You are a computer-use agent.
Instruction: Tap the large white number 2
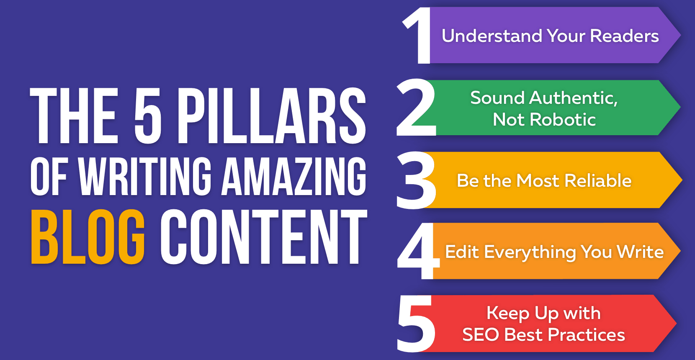point(416,107)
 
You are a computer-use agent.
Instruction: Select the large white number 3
point(416,180)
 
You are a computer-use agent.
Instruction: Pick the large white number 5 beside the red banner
point(416,324)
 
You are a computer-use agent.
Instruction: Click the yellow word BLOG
point(88,237)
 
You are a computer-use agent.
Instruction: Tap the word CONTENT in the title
point(264,237)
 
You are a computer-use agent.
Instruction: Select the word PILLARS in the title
point(272,116)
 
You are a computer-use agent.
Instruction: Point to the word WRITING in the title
point(145,176)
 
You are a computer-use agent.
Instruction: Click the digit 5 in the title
point(148,116)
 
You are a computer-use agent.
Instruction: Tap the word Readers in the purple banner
point(624,36)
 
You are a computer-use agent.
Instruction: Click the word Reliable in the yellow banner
point(598,180)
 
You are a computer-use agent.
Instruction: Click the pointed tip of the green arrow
point(680,107)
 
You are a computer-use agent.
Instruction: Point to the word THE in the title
point(74,116)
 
